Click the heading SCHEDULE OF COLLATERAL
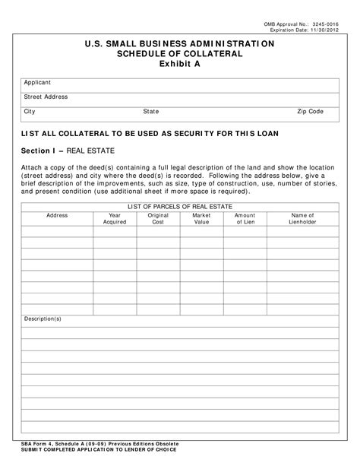[x=180, y=54]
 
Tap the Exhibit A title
[x=180, y=65]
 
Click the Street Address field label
[x=46, y=97]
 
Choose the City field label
[x=30, y=112]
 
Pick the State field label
[x=151, y=112]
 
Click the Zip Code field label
[x=311, y=112]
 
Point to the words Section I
[x=37, y=151]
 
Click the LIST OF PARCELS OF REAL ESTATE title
[x=180, y=207]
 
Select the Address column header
[x=57, y=216]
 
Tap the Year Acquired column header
[x=115, y=219]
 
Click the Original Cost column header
[x=158, y=219]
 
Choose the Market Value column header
[x=201, y=219]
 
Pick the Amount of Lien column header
[x=245, y=219]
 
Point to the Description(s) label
[x=43, y=319]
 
